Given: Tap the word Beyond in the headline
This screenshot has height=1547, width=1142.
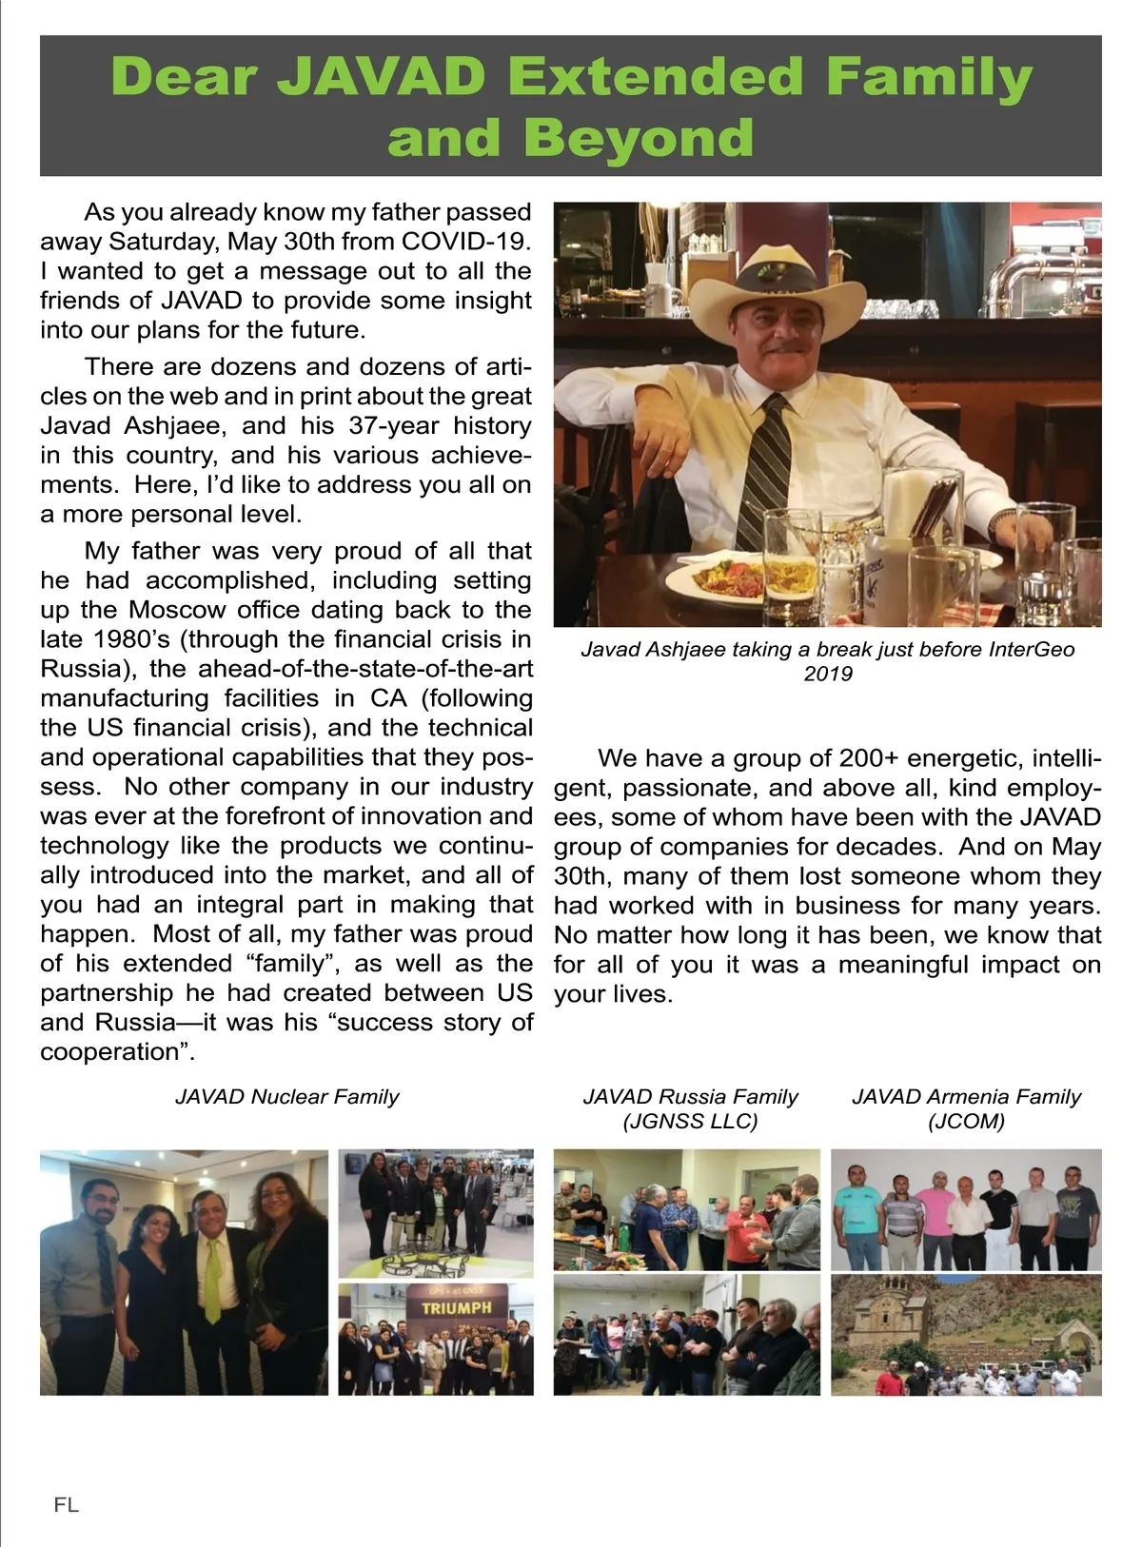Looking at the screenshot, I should click(x=638, y=137).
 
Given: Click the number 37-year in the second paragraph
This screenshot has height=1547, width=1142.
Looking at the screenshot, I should click(x=393, y=425).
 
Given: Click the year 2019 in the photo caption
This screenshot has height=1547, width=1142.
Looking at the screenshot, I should click(x=828, y=674).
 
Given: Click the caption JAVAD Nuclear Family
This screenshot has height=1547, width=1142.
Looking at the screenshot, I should click(x=286, y=1097).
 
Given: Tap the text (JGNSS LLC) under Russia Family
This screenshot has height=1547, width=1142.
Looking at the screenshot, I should click(x=690, y=1121).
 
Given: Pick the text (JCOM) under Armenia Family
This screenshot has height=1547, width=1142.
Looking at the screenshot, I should click(x=966, y=1121).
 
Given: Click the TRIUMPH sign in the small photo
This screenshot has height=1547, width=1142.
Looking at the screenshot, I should click(x=457, y=1307).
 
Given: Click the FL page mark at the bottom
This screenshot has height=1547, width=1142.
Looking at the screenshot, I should click(x=66, y=1504).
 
